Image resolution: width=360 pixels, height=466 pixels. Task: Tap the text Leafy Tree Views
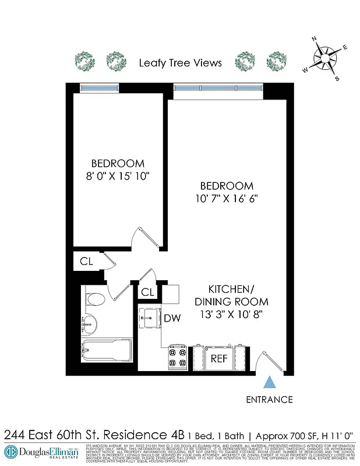[x=180, y=62]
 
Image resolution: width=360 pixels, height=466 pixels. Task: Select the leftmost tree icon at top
[x=84, y=61]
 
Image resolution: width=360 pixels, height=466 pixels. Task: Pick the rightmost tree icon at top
[x=276, y=61]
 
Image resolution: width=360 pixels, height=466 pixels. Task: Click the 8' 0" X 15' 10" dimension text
[x=118, y=176]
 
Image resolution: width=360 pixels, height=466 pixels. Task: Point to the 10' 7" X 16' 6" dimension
[x=227, y=198]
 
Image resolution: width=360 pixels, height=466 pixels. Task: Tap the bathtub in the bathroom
[x=107, y=351]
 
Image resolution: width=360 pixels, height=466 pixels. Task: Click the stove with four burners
[x=177, y=356]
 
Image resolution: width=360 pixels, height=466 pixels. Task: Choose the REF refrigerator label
[x=218, y=358]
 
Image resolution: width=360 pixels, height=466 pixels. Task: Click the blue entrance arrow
[x=269, y=382]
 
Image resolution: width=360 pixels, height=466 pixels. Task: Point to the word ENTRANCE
[x=269, y=400]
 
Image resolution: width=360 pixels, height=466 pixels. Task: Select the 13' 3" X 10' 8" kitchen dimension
[x=231, y=315]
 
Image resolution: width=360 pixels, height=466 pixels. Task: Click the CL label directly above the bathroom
[x=86, y=262]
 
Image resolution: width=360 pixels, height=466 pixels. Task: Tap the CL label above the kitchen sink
[x=147, y=292]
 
